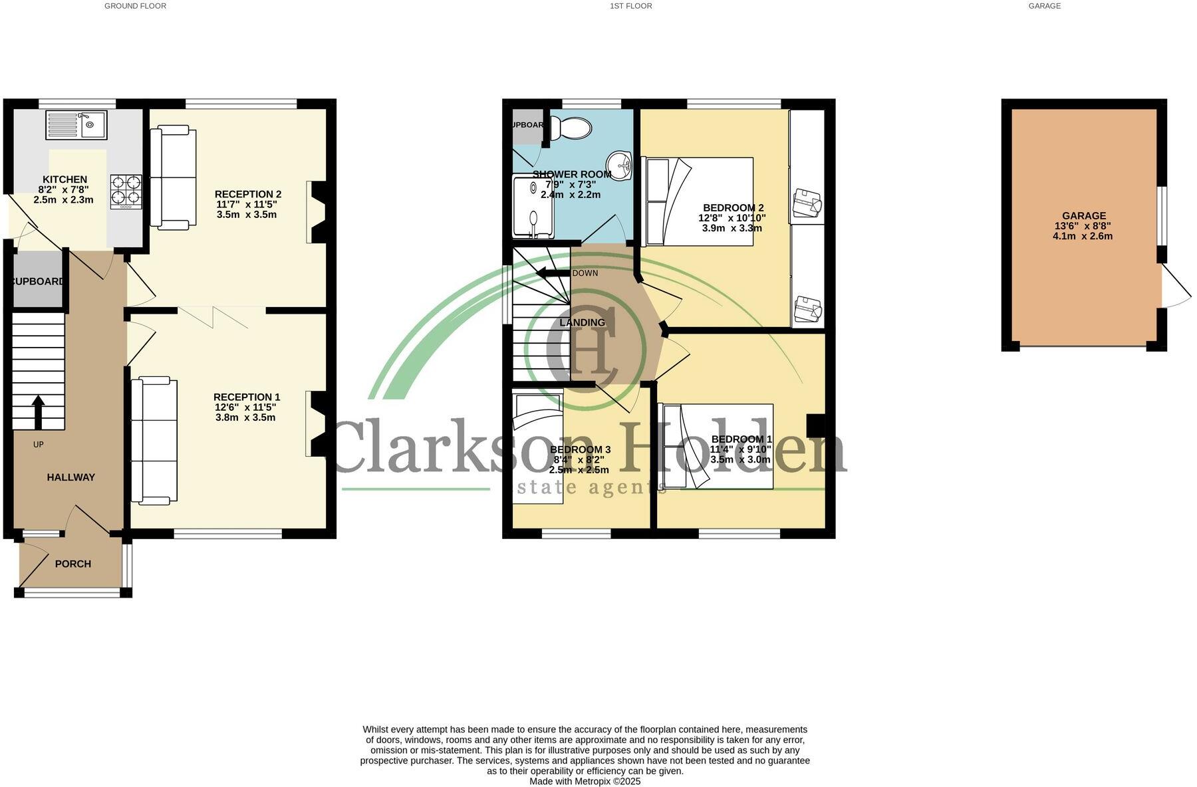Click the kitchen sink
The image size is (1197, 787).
coord(76,124)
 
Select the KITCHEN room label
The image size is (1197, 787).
coord(65,179)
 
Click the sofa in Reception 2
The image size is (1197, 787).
coord(173,179)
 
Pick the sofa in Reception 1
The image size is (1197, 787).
coord(154,439)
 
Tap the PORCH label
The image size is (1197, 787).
coord(73,564)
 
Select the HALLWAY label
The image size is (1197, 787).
coord(70,477)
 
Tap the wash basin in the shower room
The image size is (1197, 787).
coord(620,165)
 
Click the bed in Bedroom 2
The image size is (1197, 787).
coord(698,201)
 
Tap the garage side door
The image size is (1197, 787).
coord(1176,287)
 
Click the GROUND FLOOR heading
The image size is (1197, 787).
coord(135,6)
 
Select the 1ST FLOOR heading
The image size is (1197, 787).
coord(630,6)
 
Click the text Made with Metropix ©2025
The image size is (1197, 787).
coord(585,782)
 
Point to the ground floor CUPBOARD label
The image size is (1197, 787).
coord(38,282)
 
